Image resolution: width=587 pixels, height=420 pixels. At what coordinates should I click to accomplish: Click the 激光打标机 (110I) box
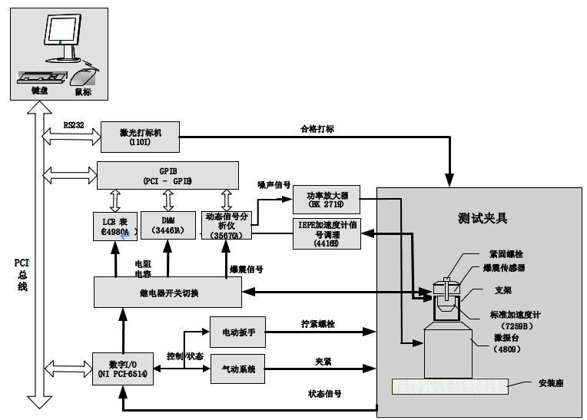click(x=139, y=137)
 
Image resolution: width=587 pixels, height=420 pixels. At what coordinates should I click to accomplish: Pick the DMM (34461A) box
click(x=169, y=224)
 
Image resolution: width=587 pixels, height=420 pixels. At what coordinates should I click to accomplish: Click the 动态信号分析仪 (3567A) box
click(x=227, y=224)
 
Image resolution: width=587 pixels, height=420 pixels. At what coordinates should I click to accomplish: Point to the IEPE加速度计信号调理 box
click(x=327, y=233)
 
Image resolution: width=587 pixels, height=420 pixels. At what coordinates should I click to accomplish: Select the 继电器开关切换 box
click(x=167, y=292)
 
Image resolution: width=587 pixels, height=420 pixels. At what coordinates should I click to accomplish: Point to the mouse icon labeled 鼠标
click(x=84, y=78)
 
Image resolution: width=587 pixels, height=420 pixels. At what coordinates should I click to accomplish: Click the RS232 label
click(x=74, y=125)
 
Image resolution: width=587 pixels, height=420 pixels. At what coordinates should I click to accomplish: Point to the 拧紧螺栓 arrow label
click(x=317, y=324)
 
